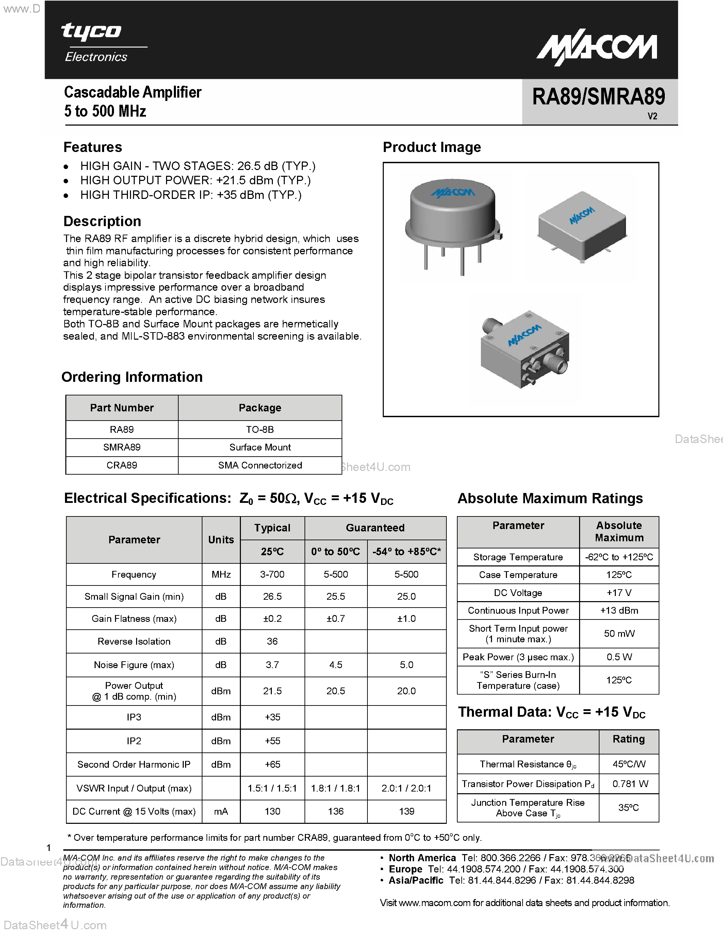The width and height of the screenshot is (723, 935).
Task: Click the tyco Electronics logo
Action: click(99, 43)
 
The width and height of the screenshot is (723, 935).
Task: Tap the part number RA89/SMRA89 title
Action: click(598, 97)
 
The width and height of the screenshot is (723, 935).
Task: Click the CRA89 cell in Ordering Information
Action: click(122, 465)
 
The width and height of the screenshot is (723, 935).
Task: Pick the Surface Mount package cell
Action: click(260, 447)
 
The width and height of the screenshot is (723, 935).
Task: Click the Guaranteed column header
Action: click(375, 528)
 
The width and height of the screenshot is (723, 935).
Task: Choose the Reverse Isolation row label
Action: click(134, 641)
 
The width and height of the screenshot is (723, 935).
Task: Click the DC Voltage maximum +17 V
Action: click(619, 593)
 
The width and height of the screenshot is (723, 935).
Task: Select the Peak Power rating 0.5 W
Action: click(619, 657)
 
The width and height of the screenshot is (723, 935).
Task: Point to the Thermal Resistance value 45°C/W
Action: click(629, 764)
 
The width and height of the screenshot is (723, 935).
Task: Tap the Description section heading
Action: click(102, 221)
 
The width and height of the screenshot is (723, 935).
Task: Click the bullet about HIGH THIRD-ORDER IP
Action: click(191, 195)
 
